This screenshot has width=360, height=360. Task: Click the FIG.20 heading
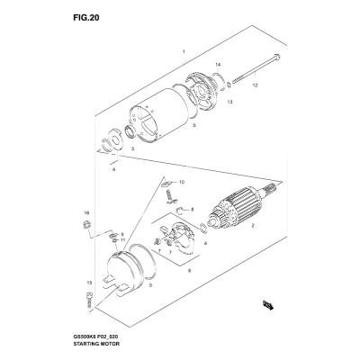click(x=86, y=18)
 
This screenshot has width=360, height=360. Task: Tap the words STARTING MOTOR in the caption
click(x=96, y=344)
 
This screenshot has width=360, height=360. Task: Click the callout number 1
click(x=184, y=52)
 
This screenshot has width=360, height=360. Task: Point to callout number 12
click(x=255, y=85)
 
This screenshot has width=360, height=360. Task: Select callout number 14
click(x=218, y=65)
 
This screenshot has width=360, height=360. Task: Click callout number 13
click(x=229, y=102)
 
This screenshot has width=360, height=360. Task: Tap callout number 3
click(x=132, y=148)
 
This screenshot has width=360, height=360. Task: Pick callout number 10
click(x=182, y=182)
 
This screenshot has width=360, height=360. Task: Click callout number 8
click(x=193, y=210)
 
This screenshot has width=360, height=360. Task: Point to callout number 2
click(x=253, y=225)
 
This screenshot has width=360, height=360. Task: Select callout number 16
click(x=86, y=213)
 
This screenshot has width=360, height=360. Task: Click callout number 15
click(x=89, y=283)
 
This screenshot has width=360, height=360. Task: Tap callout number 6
click(x=189, y=271)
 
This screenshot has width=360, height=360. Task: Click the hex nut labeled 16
click(x=86, y=225)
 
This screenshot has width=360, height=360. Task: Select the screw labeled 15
click(x=89, y=301)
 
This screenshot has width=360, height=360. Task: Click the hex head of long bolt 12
click(x=277, y=56)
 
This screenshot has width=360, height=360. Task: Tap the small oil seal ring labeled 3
click(x=130, y=132)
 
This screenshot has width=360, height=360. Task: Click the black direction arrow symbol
click(x=268, y=305)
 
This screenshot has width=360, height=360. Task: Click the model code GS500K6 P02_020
click(x=97, y=337)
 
